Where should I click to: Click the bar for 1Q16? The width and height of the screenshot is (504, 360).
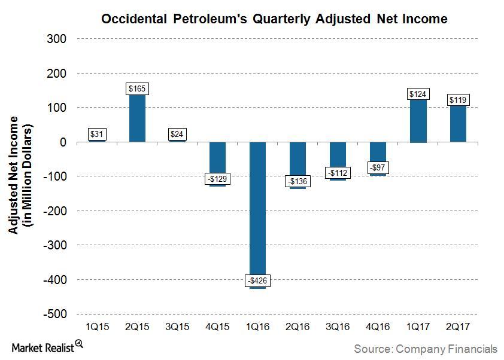[257, 209]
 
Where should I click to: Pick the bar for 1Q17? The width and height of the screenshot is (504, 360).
[418, 120]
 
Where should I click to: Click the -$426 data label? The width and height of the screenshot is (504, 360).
[257, 280]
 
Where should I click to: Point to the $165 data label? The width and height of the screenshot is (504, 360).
[137, 89]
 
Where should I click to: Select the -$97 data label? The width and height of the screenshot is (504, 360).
[378, 167]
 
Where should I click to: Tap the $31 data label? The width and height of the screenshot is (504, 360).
[97, 135]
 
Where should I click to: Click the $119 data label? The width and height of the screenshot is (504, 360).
[458, 100]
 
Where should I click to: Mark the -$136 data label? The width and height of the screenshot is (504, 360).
[297, 181]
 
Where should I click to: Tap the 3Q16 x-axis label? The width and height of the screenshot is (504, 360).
[338, 328]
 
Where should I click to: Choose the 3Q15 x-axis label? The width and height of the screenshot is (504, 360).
[177, 328]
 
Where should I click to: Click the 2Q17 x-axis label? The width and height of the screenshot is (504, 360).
[458, 328]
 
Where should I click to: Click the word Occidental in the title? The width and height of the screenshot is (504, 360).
[133, 19]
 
